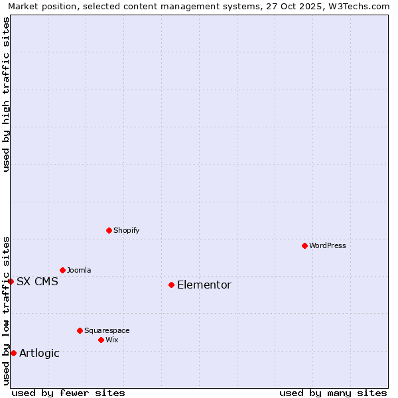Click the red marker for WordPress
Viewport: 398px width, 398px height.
304,245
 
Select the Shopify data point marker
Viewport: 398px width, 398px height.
109,230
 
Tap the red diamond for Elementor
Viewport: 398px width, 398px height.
171,285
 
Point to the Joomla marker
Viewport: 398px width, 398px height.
62,270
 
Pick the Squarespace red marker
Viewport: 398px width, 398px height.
80,330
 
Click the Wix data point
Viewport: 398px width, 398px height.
101,340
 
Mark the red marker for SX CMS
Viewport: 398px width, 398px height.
11,281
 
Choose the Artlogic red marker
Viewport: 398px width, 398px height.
13,353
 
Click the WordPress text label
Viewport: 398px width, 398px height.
328,245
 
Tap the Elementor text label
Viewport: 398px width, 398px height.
204,285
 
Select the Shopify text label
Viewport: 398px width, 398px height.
127,230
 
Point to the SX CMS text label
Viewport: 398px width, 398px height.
37,281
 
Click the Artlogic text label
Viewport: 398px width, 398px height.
39,353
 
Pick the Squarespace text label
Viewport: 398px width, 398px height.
107,330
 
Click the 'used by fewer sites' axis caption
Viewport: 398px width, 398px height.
68,393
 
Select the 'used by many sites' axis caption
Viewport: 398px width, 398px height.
333,393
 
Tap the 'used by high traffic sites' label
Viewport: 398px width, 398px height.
6,94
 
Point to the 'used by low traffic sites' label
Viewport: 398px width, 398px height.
6,310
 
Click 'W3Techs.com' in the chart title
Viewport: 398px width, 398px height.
362,6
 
